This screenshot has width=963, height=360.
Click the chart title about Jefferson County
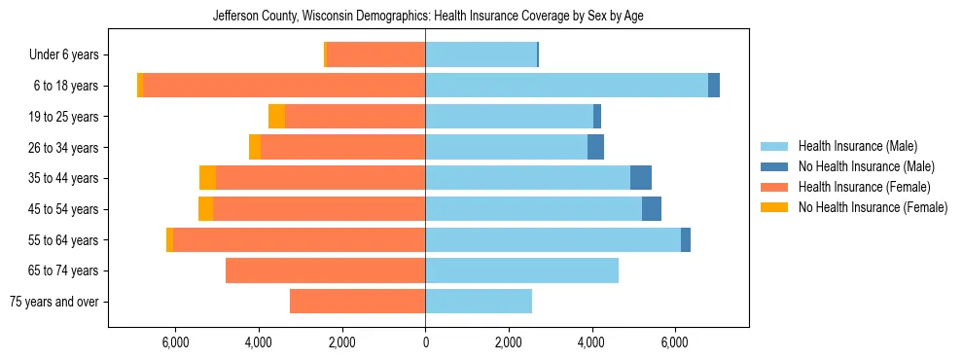(428, 16)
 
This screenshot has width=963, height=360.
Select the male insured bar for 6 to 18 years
(566, 86)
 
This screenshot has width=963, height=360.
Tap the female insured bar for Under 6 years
(375, 54)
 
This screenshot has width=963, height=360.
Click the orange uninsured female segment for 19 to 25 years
(277, 117)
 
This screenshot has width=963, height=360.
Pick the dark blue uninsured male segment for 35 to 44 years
(641, 178)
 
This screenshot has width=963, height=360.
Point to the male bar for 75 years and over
(479, 302)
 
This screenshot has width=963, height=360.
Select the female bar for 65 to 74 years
(325, 270)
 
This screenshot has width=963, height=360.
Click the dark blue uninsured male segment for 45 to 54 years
(652, 209)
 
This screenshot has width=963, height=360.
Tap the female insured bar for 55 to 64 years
(299, 239)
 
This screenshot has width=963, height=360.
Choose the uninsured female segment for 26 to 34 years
(255, 147)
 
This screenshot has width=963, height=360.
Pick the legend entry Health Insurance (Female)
(864, 187)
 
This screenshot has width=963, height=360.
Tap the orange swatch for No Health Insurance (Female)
(774, 207)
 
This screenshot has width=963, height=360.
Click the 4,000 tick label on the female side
(259, 342)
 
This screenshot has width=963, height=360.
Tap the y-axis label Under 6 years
(71, 55)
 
